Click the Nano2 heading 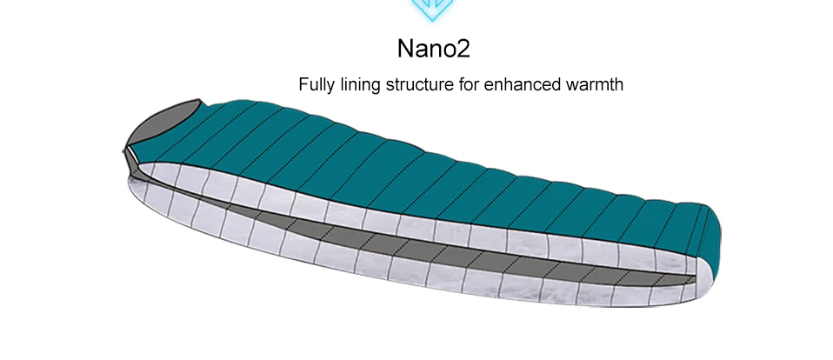[433, 47]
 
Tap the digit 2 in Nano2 [462, 47]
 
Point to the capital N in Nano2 [407, 47]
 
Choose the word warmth [593, 86]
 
